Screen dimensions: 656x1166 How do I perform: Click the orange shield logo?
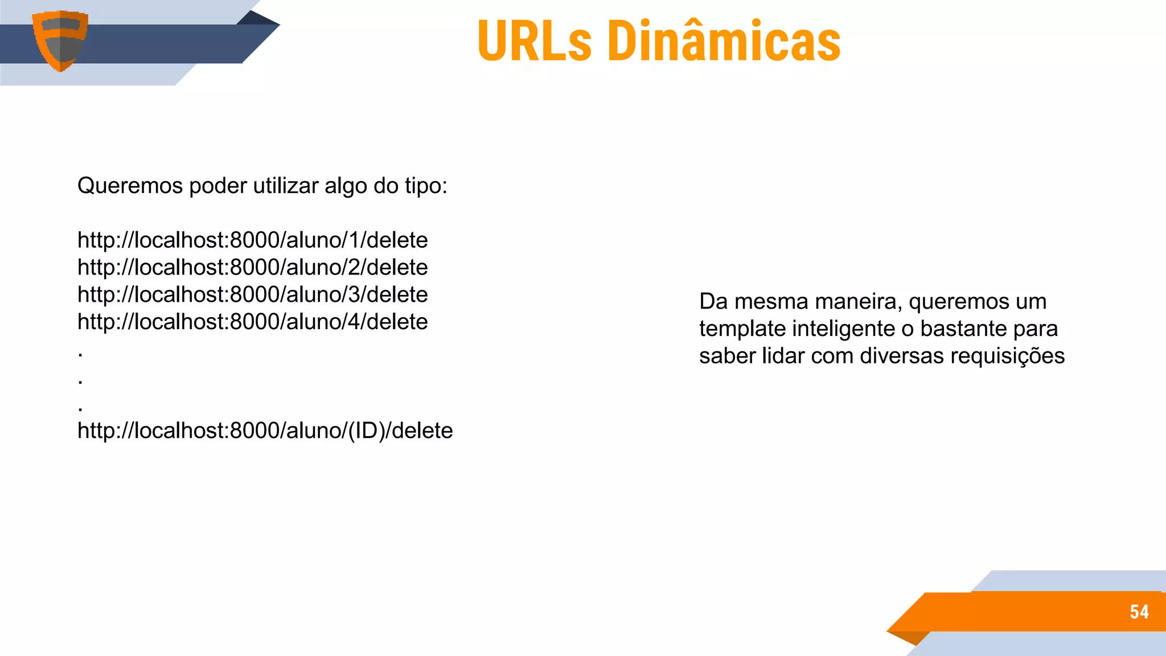point(60,40)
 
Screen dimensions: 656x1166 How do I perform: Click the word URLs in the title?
point(535,41)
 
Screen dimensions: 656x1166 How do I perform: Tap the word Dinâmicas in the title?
point(724,41)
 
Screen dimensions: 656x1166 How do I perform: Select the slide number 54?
point(1139,612)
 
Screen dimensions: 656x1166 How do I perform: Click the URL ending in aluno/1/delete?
point(252,240)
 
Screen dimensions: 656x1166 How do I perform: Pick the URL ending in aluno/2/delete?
point(252,268)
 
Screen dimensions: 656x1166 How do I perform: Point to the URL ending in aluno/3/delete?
point(252,295)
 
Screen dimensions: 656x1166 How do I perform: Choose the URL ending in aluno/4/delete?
point(252,322)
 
